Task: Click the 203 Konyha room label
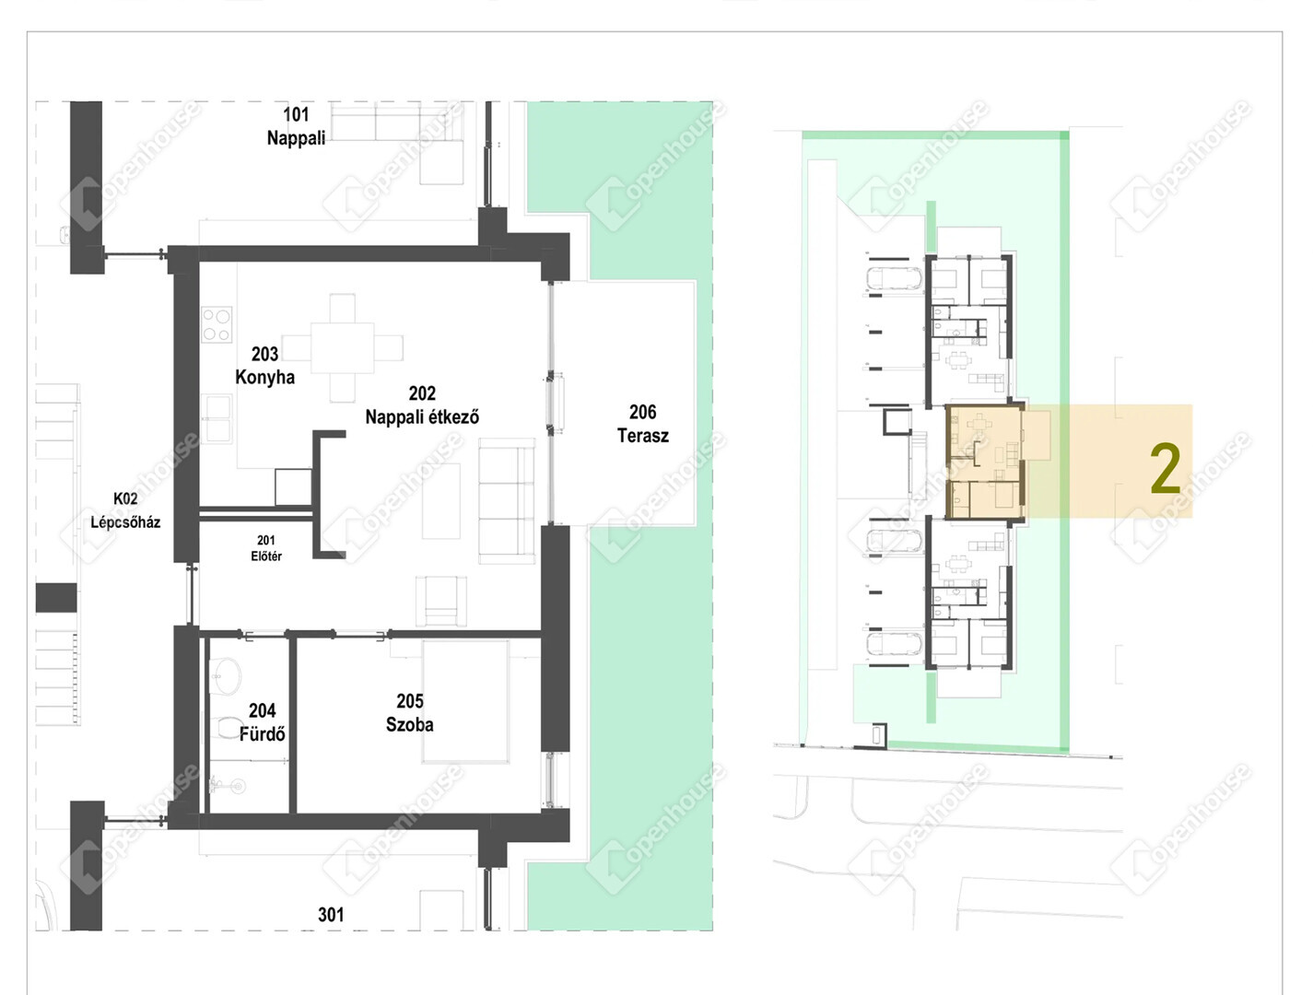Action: click(265, 366)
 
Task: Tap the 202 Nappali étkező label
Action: click(422, 404)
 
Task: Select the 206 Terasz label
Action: click(643, 424)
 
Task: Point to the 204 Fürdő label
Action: click(262, 721)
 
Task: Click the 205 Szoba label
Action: click(410, 712)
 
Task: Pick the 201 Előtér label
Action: click(266, 548)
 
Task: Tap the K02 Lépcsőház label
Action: click(125, 510)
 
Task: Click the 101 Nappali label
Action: click(296, 125)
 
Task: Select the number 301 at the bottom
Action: click(331, 914)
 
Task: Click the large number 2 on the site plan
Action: click(1166, 469)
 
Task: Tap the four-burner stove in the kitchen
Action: click(216, 324)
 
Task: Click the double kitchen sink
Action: click(216, 418)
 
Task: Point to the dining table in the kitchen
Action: click(342, 347)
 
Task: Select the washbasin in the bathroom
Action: click(225, 675)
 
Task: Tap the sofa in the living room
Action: click(507, 500)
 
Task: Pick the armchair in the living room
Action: click(441, 601)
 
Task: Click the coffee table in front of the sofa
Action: click(441, 501)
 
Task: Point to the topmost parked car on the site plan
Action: click(895, 278)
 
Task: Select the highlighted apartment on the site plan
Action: click(985, 461)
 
